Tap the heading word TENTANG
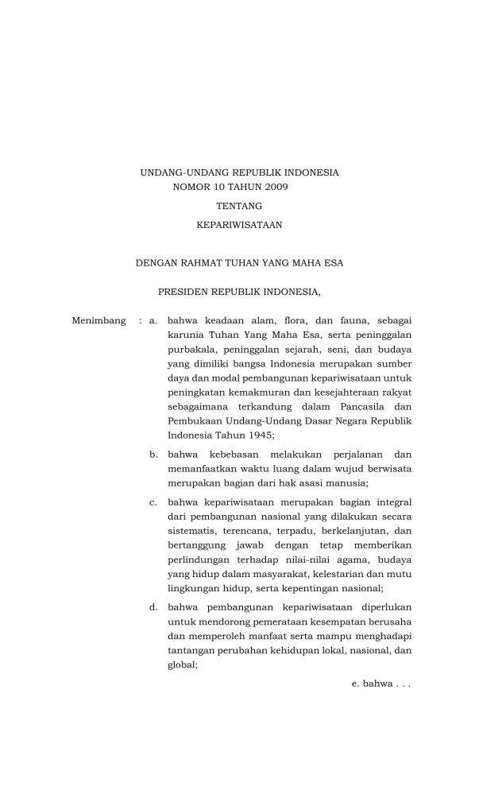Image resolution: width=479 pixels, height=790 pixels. tap(239, 206)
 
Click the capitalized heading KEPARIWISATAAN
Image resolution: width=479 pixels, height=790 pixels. tap(239, 225)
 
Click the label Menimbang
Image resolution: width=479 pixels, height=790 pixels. tap(99, 320)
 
